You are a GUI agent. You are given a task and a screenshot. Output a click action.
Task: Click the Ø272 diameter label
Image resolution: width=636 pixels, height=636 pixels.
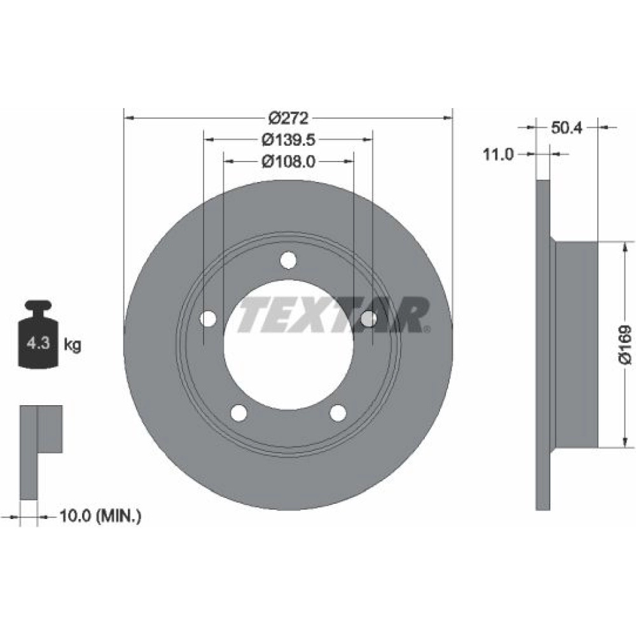[288, 118]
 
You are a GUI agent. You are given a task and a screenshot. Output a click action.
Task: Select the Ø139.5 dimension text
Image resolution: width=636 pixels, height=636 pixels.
[288, 140]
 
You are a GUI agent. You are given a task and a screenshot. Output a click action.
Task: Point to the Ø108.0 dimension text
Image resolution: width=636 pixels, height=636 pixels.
[288, 162]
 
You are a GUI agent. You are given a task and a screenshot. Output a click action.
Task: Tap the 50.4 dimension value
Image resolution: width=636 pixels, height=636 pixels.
[567, 128]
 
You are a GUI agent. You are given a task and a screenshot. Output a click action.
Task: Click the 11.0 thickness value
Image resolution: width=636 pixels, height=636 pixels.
[498, 154]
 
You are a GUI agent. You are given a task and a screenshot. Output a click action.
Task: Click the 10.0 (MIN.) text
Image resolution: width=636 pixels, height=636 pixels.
[100, 516]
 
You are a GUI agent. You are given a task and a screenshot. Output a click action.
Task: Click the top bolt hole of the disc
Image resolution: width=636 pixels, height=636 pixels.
[288, 260]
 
